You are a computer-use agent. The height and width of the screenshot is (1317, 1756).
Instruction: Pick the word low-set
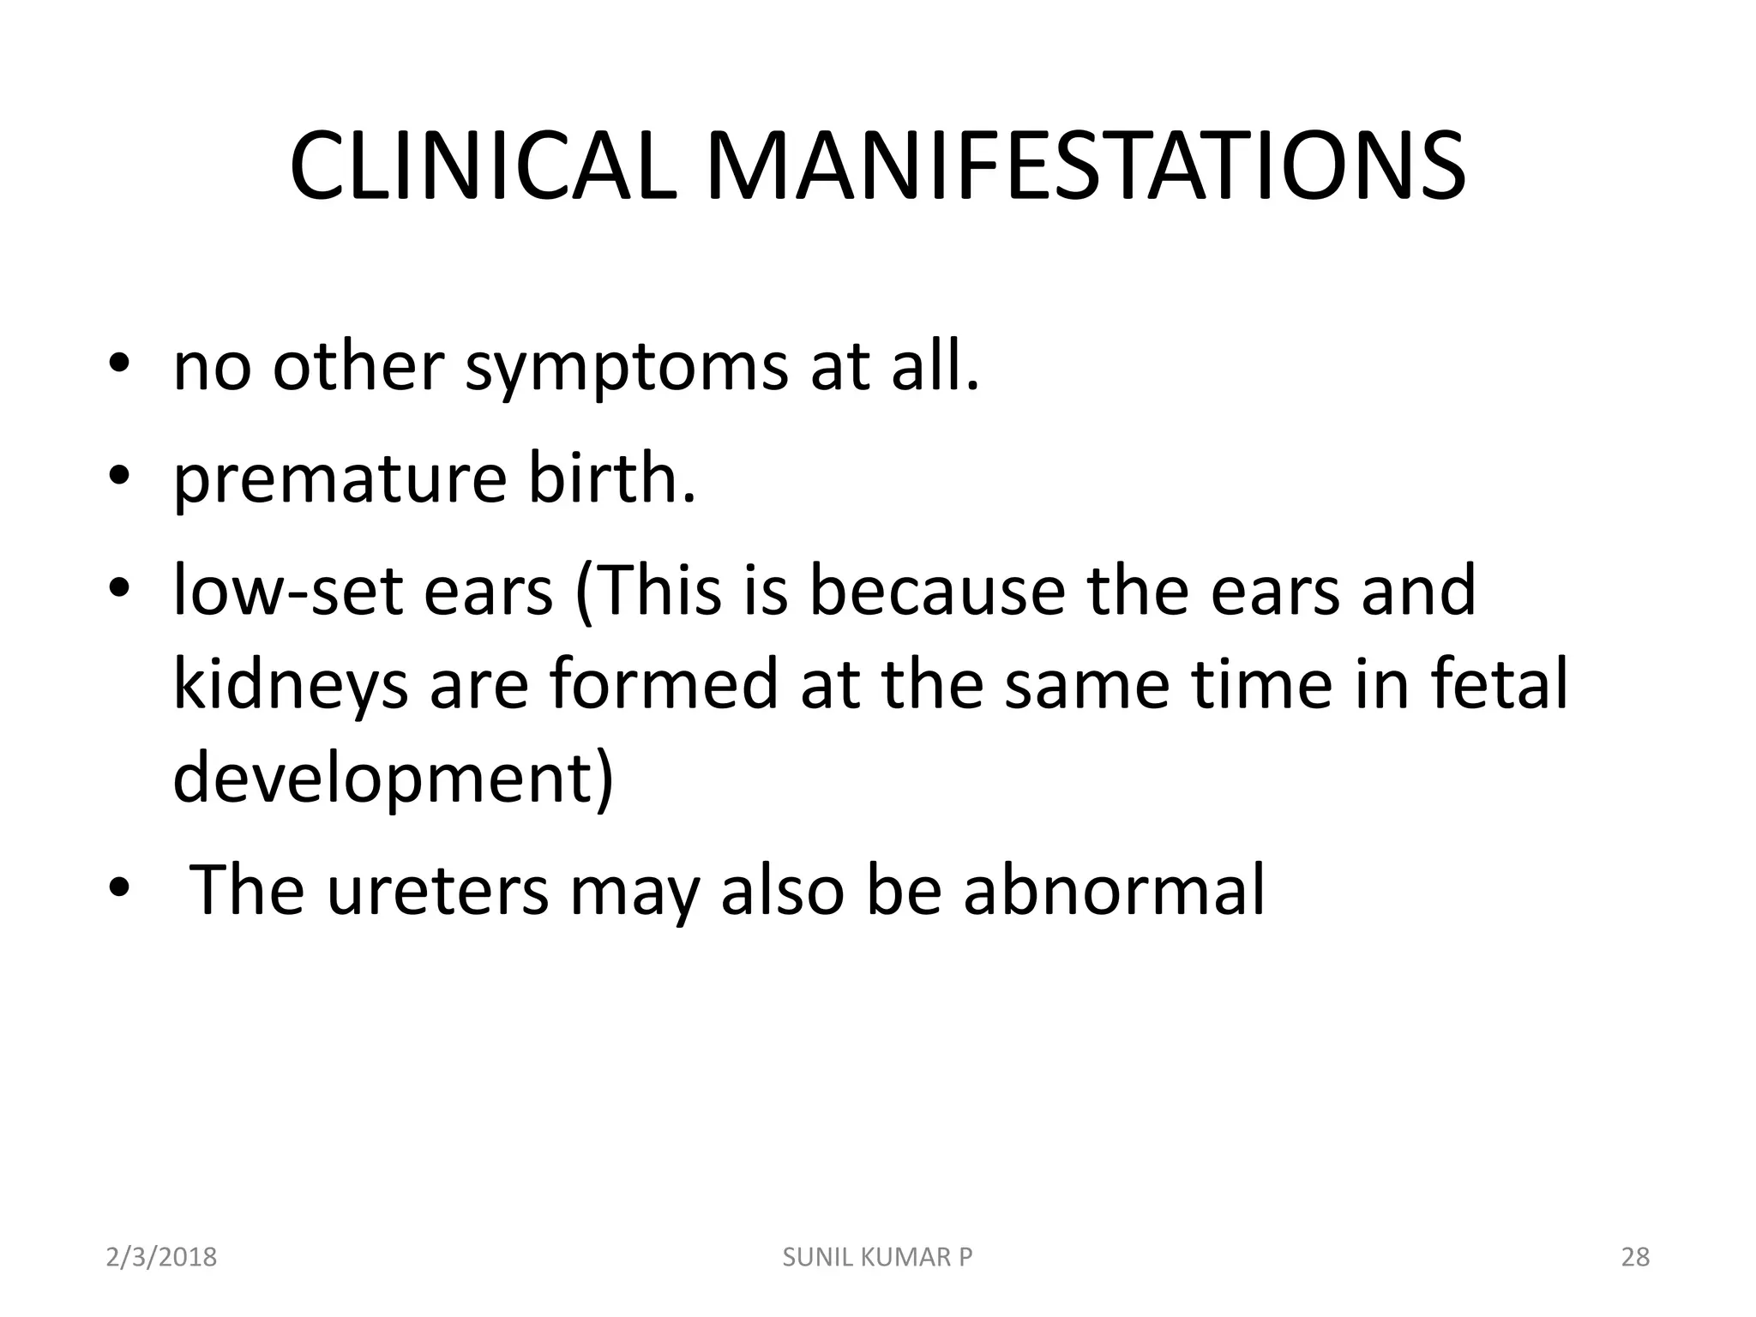(287, 592)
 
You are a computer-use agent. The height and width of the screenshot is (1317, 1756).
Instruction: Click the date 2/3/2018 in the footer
(161, 1257)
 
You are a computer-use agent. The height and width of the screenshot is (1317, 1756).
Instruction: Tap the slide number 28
(1635, 1257)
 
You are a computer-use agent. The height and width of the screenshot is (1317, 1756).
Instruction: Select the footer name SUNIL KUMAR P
(878, 1257)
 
